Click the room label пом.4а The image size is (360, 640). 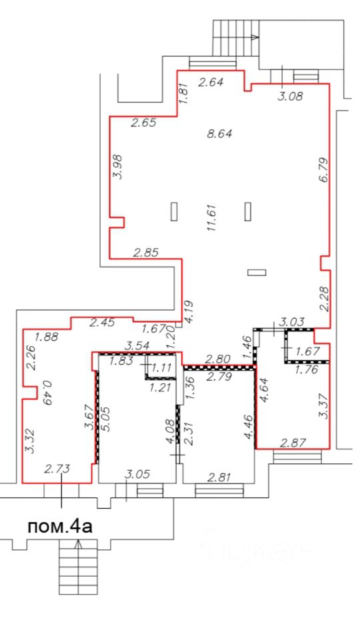pos(60,526)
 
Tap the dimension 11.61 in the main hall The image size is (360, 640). pos(211,218)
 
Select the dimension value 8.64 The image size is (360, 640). pos(219,133)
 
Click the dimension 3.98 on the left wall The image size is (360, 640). pos(118,166)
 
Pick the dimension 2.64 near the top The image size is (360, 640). pos(211,82)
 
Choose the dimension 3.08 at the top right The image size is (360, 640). pos(289,97)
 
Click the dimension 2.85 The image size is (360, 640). pos(146,253)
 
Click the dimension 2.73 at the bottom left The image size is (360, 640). pos(57,468)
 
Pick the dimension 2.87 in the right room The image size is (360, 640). pos(293,443)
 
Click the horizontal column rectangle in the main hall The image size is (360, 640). pos(257,272)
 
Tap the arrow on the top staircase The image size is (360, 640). pos(255,37)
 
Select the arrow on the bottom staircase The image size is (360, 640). pos(79,544)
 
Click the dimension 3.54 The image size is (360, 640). pos(136,347)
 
